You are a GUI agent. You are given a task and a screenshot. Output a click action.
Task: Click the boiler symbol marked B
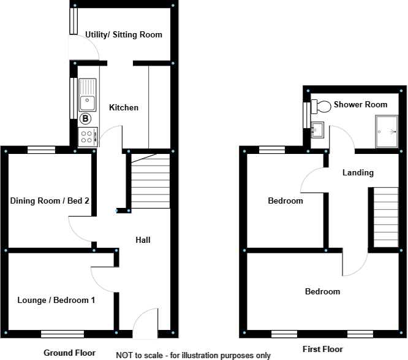point(86,118)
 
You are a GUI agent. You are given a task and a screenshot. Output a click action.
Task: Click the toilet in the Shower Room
point(319,105)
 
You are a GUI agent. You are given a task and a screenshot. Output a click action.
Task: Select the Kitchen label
point(124,108)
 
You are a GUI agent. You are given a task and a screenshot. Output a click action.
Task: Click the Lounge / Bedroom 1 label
point(56,300)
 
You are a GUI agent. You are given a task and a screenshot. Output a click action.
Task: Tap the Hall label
point(143,240)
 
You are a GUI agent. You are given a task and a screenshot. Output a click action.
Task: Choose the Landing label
point(358,173)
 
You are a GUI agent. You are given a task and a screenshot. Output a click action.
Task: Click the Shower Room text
point(360,105)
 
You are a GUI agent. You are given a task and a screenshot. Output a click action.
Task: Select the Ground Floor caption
point(69,353)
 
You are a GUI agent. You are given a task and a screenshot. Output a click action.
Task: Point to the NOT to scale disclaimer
point(193,355)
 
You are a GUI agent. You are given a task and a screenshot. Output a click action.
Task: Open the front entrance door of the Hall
point(145,324)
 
